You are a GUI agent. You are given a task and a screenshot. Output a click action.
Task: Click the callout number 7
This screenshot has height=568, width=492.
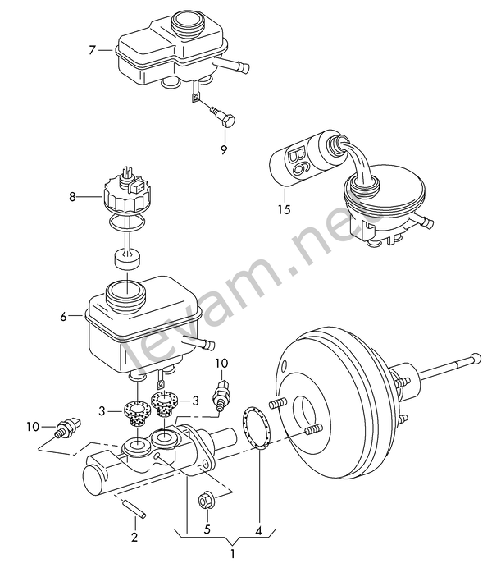coord(92,50)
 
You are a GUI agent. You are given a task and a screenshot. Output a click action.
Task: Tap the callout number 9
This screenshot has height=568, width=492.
coord(224,149)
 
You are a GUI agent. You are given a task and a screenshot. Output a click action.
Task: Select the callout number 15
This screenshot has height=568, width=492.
coord(285,209)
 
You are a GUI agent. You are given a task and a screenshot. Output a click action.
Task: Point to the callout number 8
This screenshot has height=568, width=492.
coord(73,197)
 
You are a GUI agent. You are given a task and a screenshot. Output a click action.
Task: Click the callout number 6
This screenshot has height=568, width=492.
coord(64,317)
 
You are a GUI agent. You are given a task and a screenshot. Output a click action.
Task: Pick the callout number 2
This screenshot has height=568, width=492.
coord(134,537)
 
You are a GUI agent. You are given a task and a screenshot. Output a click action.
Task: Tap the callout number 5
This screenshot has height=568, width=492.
coord(207,529)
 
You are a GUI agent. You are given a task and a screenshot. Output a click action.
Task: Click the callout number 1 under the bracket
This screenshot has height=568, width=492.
coord(233,554)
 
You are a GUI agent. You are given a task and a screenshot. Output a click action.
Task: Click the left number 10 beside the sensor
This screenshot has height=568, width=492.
coord(33,426)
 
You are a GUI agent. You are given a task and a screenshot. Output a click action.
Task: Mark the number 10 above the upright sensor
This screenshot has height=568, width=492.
coord(221,363)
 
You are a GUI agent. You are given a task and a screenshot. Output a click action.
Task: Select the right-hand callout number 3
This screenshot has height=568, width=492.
coord(195,401)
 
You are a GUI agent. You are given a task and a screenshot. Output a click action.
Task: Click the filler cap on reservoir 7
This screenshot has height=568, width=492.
coord(187,22)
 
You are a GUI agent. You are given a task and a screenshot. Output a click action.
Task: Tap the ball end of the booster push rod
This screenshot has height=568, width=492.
coord(476,358)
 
